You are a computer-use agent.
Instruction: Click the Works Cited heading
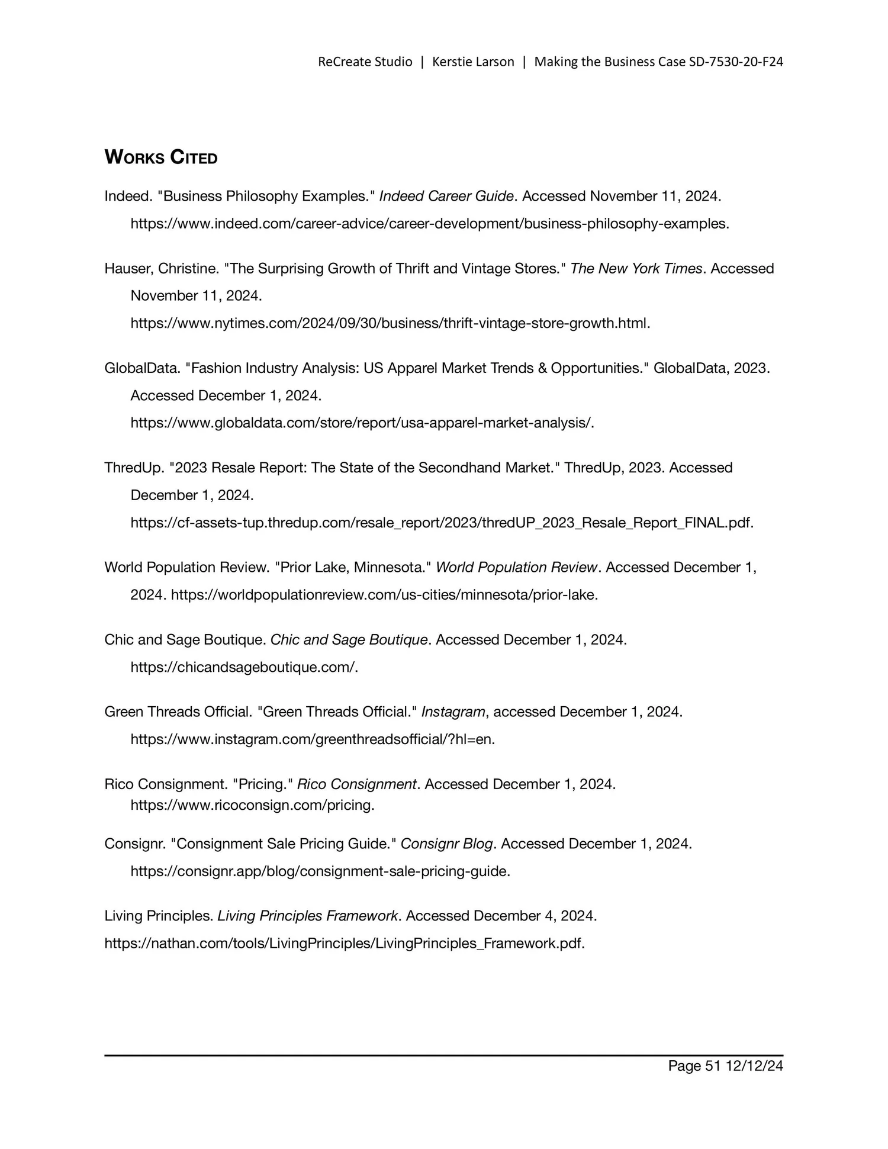[x=161, y=157]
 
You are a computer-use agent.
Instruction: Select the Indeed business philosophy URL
[x=429, y=224]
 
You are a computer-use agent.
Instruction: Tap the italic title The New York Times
[x=636, y=269]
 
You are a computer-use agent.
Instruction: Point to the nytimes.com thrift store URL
[x=390, y=323]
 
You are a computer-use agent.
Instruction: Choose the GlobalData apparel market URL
[x=362, y=423]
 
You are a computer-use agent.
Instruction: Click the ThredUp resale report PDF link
[x=442, y=523]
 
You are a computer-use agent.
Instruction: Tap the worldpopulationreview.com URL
[x=384, y=594]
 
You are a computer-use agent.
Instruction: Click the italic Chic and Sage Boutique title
[x=349, y=640]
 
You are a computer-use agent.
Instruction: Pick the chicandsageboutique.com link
[x=244, y=667]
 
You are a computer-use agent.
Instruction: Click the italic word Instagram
[x=453, y=712]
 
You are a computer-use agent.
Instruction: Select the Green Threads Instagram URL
[x=312, y=739]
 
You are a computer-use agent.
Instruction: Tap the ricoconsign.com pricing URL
[x=252, y=805]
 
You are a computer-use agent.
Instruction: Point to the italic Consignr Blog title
[x=446, y=844]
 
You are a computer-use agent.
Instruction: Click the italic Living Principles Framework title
[x=307, y=916]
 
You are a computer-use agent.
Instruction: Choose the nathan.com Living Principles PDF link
[x=344, y=943]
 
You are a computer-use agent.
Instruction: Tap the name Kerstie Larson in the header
[x=473, y=62]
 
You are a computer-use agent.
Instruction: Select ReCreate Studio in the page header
[x=365, y=62]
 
